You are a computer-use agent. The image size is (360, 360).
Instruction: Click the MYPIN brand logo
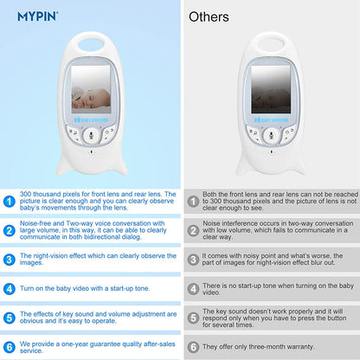pyautogui.click(x=37, y=16)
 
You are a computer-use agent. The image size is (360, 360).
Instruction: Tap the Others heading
pyautogui.click(x=209, y=16)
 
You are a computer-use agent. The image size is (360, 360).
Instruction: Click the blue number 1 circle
pyautogui.click(x=10, y=202)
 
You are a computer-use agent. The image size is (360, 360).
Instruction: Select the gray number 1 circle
pyautogui.click(x=193, y=202)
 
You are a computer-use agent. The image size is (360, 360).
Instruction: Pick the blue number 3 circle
pyautogui.click(x=10, y=260)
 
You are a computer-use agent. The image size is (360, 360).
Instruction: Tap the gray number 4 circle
pyautogui.click(x=193, y=289)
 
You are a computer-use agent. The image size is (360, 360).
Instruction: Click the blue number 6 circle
pyautogui.click(x=10, y=347)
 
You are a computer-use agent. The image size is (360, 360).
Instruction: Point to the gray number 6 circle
pyautogui.click(x=193, y=347)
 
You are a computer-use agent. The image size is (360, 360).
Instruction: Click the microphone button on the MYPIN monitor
pyautogui.click(x=91, y=135)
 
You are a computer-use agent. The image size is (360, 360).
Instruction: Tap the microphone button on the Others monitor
pyautogui.click(x=271, y=135)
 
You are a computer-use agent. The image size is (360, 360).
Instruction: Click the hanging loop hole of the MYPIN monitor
pyautogui.click(x=92, y=45)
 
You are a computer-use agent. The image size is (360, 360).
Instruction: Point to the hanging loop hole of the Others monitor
pyautogui.click(x=271, y=45)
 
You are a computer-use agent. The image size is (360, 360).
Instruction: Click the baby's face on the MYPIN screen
pyautogui.click(x=92, y=98)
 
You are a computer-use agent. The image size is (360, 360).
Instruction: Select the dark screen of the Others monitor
pyautogui.click(x=271, y=89)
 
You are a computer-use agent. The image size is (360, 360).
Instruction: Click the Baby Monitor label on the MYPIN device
pyautogui.click(x=91, y=119)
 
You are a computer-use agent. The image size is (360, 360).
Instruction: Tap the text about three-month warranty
pyautogui.click(x=258, y=347)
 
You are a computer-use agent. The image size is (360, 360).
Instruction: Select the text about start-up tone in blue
pyautogui.click(x=85, y=288)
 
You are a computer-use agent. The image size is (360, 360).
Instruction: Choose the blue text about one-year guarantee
pyautogui.click(x=98, y=347)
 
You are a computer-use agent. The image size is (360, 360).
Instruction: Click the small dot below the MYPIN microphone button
pyautogui.click(x=92, y=151)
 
